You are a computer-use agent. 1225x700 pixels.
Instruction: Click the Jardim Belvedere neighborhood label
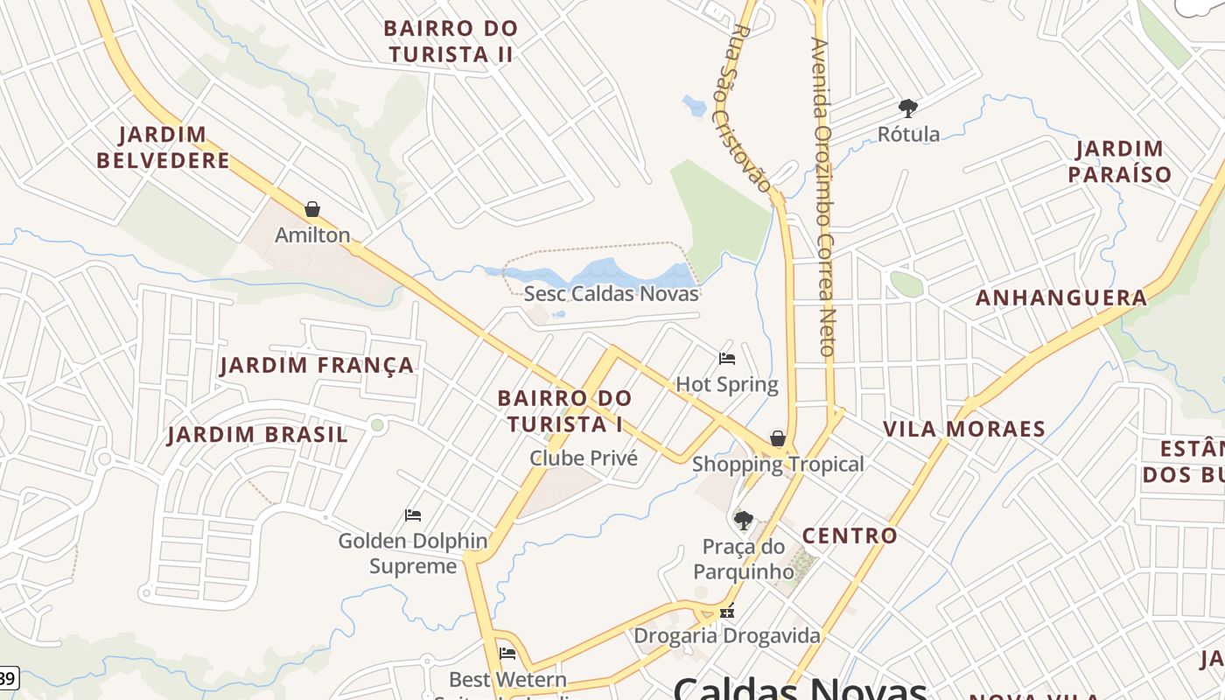point(163,147)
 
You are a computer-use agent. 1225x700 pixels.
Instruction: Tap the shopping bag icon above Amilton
point(312,209)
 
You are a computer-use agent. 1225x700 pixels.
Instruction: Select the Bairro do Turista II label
point(451,41)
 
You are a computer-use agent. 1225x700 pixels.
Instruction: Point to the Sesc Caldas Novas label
point(611,294)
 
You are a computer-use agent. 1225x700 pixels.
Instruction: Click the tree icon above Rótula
point(908,108)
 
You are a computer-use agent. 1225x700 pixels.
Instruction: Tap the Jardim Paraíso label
point(1119,161)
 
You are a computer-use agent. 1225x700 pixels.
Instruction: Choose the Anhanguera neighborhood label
point(1061,297)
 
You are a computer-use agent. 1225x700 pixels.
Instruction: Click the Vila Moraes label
point(964,429)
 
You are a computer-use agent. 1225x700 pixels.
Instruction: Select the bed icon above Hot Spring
point(727,358)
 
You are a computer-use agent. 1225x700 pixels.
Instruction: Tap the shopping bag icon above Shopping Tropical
point(777,438)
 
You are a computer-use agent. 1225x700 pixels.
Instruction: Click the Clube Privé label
point(584,458)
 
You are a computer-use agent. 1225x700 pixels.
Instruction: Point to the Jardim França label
point(317,365)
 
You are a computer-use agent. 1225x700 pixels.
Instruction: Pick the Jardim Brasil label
point(257,434)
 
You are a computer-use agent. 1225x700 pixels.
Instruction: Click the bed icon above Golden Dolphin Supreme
point(413,514)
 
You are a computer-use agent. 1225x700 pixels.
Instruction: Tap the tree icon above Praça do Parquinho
point(744,521)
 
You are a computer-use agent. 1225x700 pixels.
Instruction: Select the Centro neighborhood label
point(850,535)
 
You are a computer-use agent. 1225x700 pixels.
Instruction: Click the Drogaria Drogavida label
point(727,635)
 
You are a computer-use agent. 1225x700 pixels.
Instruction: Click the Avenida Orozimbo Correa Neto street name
point(824,196)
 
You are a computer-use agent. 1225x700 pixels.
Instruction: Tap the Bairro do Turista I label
point(564,411)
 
